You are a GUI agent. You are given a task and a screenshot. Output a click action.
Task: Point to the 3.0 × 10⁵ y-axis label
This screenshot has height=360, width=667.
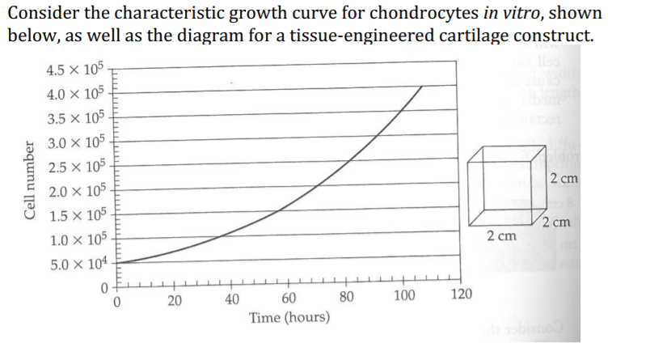[x=79, y=144]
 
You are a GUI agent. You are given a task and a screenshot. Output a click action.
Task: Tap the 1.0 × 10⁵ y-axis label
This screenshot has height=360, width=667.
[x=79, y=240]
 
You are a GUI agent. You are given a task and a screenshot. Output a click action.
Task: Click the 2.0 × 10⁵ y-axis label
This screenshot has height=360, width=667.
[x=79, y=193]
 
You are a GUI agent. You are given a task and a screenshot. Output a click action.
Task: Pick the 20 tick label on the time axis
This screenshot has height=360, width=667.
[x=174, y=302]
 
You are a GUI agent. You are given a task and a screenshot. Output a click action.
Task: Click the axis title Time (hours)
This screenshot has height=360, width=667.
[x=289, y=318]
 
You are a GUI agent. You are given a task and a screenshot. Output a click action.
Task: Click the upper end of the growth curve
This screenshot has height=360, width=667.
[x=422, y=86]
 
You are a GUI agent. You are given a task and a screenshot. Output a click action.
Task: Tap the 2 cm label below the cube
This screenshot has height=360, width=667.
[x=501, y=236]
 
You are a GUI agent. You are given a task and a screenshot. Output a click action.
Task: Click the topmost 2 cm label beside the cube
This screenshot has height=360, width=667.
[x=562, y=179]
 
